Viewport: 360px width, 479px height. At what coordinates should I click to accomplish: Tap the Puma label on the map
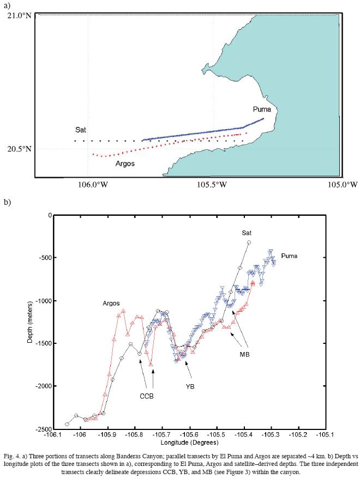262,110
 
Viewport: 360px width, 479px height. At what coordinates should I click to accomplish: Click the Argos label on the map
125,163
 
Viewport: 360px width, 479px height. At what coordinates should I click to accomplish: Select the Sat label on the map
81,130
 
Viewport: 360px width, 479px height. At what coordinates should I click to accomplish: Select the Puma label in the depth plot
290,256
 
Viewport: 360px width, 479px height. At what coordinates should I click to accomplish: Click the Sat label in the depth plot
247,233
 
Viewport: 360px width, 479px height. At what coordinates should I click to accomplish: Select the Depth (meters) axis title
31,322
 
